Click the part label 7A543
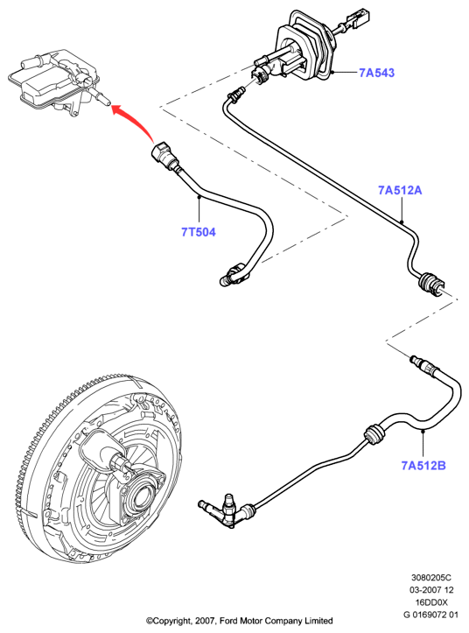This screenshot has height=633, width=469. tap(376, 73)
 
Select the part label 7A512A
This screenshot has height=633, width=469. tap(400, 190)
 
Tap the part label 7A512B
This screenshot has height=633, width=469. tap(423, 466)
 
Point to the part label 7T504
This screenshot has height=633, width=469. tap(198, 232)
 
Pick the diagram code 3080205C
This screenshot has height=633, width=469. tap(431, 578)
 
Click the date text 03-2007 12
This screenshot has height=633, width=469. tap(431, 590)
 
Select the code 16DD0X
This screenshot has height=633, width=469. tap(431, 602)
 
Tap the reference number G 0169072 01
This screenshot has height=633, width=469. tap(431, 615)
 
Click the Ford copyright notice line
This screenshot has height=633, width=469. tap(240, 621)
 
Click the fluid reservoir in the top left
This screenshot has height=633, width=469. tap(57, 84)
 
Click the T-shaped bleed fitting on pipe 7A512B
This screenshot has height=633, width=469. tap(225, 510)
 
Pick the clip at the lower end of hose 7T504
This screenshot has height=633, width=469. tap(234, 273)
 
